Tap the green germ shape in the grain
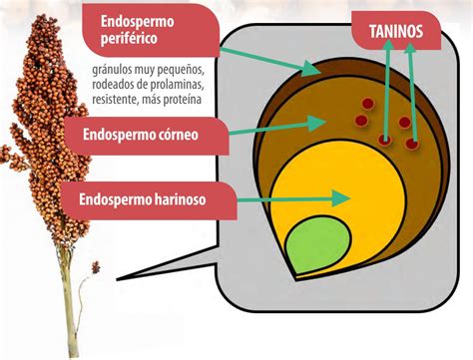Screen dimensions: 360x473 (317, 243)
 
